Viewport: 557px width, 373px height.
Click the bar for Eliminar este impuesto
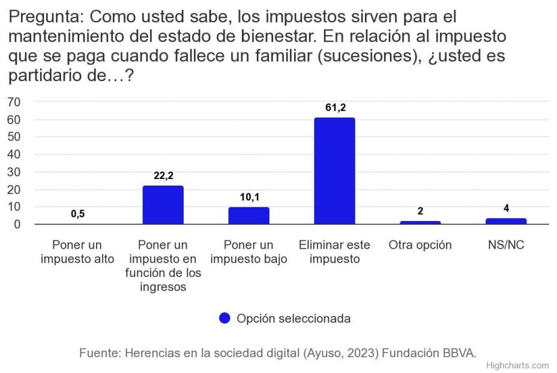334,171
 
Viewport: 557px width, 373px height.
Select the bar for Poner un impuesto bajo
248,216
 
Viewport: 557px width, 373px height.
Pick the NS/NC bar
505,221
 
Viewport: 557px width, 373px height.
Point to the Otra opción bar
420,222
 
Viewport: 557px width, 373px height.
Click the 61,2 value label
334,108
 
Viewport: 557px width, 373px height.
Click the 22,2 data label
163,176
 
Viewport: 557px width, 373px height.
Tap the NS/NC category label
505,246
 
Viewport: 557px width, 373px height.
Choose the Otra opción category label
420,246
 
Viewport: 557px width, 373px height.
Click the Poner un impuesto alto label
77,252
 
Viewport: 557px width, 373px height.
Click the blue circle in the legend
224,318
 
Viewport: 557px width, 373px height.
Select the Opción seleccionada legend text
294,318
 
